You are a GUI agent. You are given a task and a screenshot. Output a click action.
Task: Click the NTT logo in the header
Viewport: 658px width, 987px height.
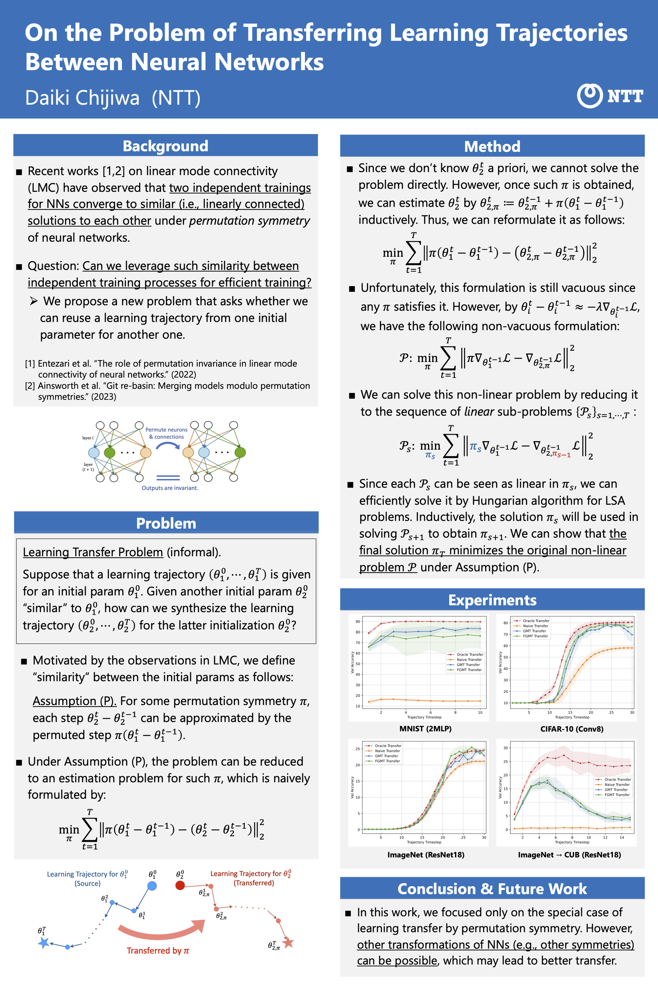pos(609,96)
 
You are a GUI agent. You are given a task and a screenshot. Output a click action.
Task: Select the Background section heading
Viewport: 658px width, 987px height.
pos(165,146)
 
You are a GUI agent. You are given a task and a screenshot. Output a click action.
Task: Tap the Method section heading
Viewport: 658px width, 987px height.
pos(492,146)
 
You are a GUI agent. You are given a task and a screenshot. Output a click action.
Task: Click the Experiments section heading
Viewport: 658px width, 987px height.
pos(492,600)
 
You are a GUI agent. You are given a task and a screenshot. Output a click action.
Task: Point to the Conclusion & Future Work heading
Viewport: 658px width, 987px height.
pos(492,889)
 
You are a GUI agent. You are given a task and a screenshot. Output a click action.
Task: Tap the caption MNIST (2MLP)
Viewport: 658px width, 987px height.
pos(425,729)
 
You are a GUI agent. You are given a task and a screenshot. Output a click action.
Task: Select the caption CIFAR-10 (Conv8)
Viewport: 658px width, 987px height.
pos(572,729)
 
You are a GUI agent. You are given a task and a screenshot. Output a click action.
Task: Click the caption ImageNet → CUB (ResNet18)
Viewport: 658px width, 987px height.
pos(569,855)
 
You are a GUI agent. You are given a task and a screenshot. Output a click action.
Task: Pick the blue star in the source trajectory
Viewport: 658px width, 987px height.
pos(43,943)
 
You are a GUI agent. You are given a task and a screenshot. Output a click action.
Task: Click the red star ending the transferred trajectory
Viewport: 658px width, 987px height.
pos(288,942)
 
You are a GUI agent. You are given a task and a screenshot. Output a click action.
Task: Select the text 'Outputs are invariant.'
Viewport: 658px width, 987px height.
pos(170,488)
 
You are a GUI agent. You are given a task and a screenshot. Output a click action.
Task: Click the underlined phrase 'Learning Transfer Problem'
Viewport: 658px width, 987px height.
pos(93,552)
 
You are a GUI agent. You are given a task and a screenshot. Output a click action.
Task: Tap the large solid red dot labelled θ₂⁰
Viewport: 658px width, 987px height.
pos(180,885)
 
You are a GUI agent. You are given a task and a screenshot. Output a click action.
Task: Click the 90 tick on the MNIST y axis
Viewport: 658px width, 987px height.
pos(357,621)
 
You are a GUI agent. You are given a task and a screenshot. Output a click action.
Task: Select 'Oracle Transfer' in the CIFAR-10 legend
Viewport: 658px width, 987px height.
pos(536,621)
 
